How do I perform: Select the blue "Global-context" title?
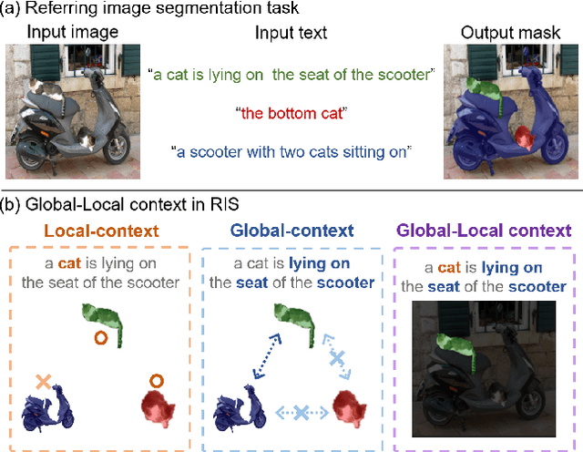click(291, 231)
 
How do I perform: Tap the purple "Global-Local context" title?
click(485, 231)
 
